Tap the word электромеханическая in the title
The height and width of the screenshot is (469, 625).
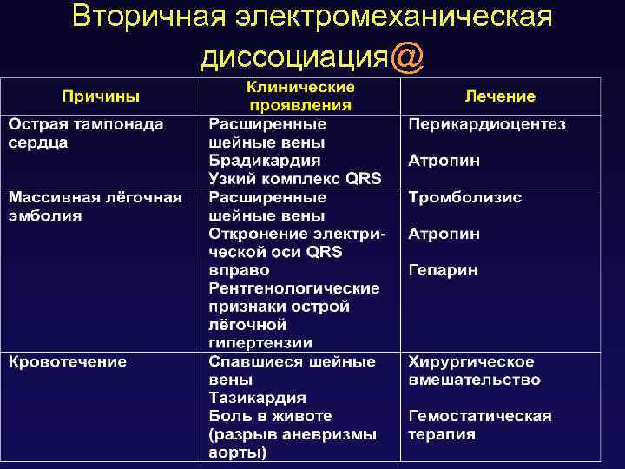387,17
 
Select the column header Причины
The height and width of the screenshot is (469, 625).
100,96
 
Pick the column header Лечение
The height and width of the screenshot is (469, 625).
500,96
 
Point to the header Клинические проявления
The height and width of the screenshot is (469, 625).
299,96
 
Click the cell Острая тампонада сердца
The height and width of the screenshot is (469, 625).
86,133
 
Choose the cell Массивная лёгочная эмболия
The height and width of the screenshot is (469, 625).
95,206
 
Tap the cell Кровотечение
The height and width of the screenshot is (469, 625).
68,361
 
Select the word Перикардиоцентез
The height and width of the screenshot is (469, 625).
487,124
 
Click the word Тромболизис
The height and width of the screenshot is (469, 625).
465,197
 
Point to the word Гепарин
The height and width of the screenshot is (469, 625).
443,270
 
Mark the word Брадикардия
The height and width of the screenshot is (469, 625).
264,161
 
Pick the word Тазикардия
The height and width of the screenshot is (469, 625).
257,398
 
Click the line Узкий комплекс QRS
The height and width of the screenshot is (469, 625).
294,179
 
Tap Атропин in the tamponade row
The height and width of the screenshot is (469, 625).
444,161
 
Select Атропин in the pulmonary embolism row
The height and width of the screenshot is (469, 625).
444,234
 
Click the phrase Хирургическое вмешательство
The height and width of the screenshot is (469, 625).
474,371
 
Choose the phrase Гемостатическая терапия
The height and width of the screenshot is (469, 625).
480,426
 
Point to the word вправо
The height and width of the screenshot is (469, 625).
234,270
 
